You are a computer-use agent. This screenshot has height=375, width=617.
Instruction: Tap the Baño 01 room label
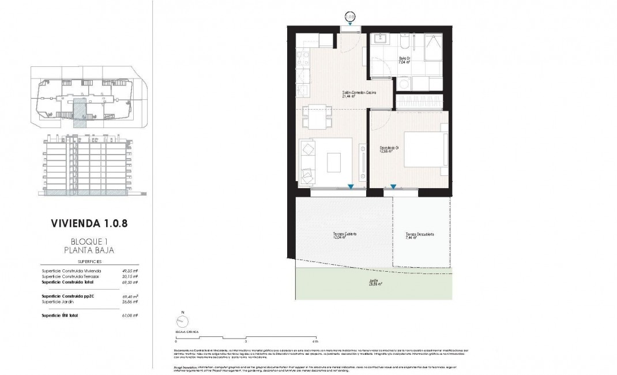404,60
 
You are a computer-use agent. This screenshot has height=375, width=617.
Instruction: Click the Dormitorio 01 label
390,150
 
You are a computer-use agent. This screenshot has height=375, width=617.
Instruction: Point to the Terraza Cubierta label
344,235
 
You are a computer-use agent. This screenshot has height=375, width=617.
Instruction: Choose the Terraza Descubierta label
419,235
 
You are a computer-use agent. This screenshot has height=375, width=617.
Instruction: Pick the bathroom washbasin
381,40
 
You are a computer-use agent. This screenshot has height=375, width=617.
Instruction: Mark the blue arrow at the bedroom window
393,186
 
